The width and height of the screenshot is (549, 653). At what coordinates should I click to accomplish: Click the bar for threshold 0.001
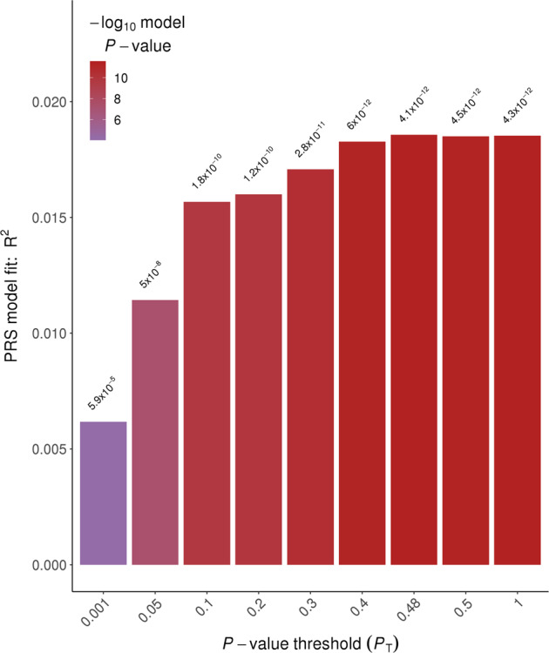[103, 493]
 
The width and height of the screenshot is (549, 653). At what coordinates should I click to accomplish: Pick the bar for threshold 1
[518, 350]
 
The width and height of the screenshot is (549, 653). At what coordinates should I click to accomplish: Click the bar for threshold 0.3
[310, 367]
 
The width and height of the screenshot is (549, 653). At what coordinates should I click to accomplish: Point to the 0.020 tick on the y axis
[48, 102]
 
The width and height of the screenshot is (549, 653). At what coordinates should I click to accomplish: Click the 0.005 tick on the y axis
[48, 449]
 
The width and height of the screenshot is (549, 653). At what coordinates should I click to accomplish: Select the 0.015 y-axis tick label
[48, 218]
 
